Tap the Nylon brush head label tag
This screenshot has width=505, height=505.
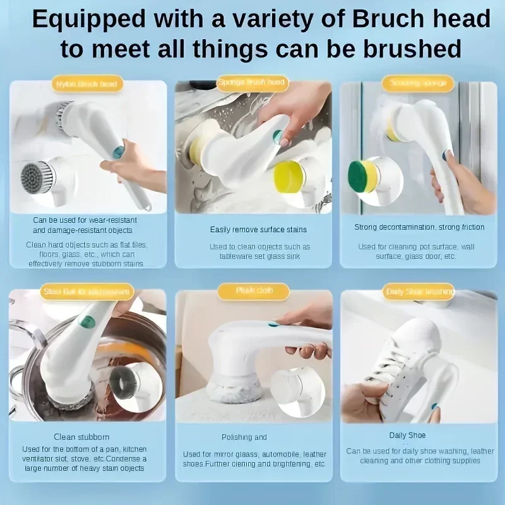pyautogui.click(x=86, y=84)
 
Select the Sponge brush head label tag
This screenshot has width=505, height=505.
pyautogui.click(x=252, y=82)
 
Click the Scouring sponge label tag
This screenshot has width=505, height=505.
pyautogui.click(x=417, y=83)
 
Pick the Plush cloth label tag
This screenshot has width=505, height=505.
pyautogui.click(x=253, y=291)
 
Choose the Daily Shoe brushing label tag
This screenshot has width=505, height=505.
pyautogui.click(x=418, y=292)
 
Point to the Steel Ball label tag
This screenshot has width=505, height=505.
pyautogui.click(x=86, y=292)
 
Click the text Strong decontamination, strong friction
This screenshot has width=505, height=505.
pyautogui.click(x=419, y=227)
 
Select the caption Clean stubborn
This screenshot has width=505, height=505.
pyautogui.click(x=82, y=437)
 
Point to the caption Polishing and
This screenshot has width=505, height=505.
pyautogui.click(x=244, y=437)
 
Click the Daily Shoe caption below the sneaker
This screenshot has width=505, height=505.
pyautogui.click(x=407, y=436)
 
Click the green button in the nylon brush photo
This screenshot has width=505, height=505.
pyautogui.click(x=119, y=151)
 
